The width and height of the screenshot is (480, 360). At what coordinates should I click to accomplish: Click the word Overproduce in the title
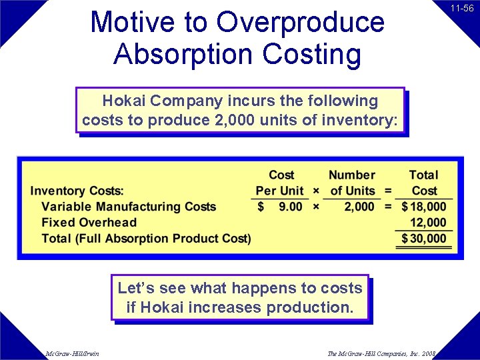tap(300, 22)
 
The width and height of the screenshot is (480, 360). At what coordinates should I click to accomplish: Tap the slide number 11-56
tap(462, 9)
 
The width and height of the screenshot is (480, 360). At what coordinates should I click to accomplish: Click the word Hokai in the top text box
tap(124, 101)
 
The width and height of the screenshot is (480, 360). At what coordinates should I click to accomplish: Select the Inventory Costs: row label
tap(77, 191)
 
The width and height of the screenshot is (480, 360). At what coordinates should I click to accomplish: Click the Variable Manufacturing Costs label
tap(129, 207)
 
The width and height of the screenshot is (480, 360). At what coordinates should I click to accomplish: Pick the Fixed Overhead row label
tap(89, 223)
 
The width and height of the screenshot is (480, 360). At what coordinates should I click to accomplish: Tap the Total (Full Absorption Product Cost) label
tap(146, 239)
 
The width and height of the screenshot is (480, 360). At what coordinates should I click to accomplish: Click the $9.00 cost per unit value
tap(281, 207)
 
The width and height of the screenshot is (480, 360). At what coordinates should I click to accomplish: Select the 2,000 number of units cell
tap(359, 207)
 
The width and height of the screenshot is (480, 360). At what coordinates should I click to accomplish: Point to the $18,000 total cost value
tap(424, 207)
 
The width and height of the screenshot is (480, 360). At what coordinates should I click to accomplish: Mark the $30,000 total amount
tap(424, 239)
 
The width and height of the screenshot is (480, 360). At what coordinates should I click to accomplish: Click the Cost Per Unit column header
tap(281, 183)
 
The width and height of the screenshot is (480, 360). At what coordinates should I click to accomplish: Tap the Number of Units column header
tap(352, 183)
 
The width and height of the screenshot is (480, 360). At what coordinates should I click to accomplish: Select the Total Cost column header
tap(424, 183)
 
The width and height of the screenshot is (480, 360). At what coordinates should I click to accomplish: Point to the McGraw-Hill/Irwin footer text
tap(72, 353)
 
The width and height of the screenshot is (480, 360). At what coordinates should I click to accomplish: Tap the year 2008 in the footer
tap(427, 353)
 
